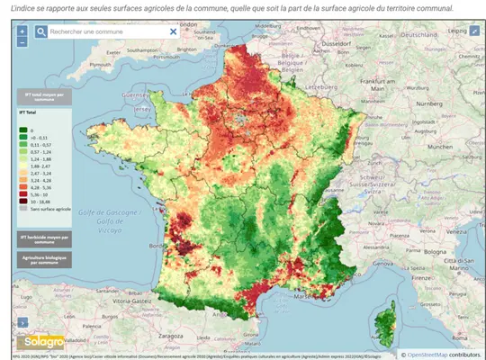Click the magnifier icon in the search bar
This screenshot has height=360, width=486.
click(41, 31)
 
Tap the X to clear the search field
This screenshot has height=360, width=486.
click(174, 31)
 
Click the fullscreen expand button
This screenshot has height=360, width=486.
click(474, 31)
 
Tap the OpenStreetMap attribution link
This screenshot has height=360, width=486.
click(429, 354)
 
